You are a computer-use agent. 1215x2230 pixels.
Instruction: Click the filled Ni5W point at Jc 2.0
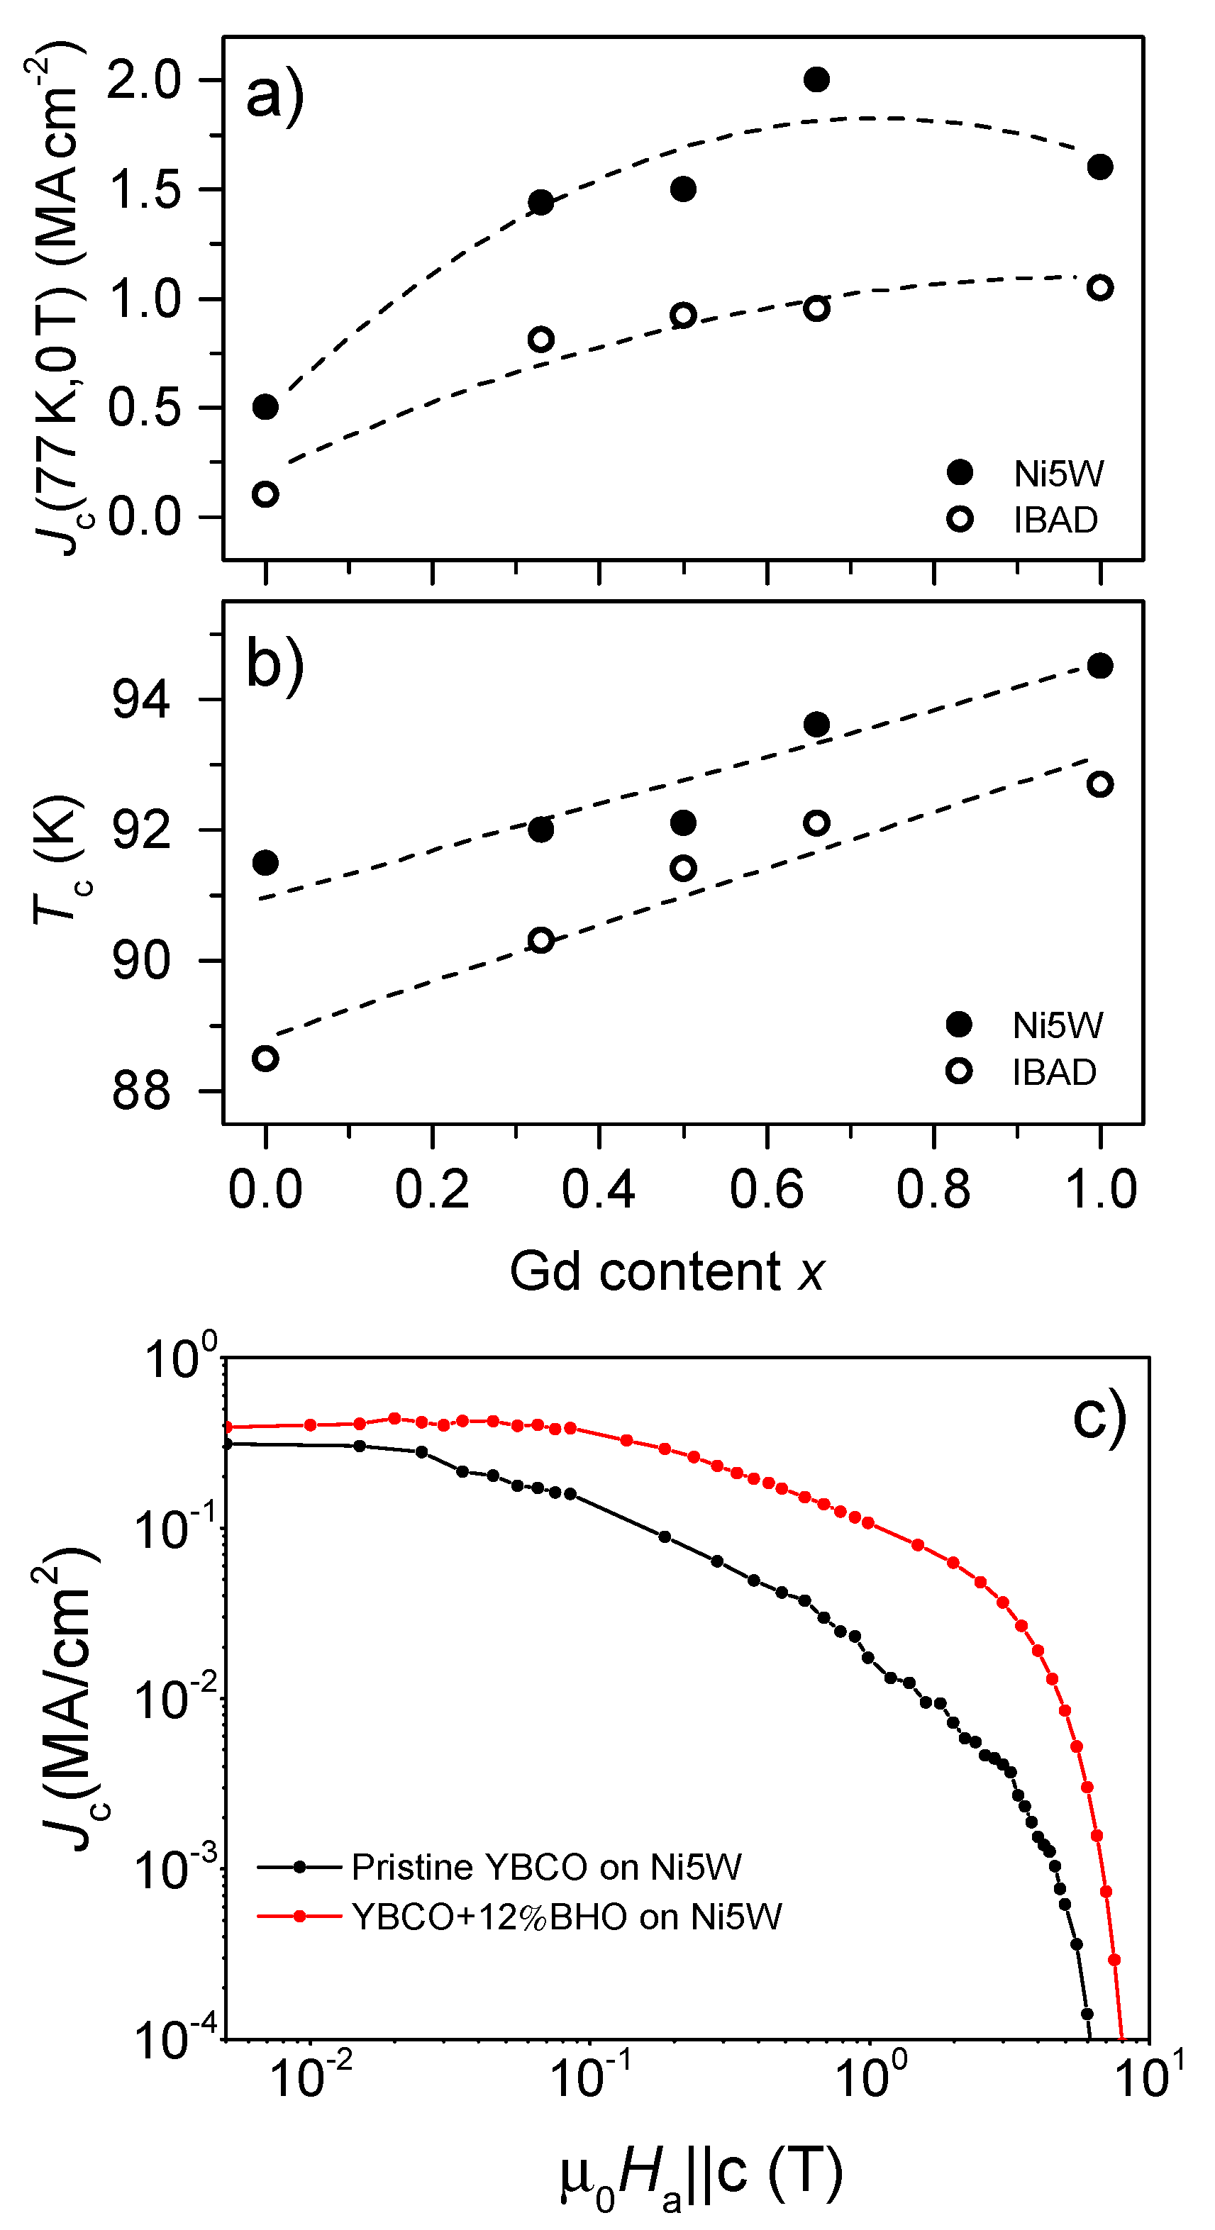point(816,79)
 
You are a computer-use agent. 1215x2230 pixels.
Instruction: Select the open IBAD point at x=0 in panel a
point(265,494)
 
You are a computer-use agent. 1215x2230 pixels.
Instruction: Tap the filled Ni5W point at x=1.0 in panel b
point(1099,666)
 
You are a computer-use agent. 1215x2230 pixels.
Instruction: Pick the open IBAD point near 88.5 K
point(265,1058)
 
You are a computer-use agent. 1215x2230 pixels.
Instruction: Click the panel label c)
point(1098,1416)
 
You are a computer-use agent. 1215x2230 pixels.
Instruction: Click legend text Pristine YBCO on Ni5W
point(545,1866)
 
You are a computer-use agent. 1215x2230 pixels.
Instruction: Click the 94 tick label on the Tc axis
point(141,701)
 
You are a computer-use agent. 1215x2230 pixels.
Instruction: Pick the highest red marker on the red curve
point(394,1418)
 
